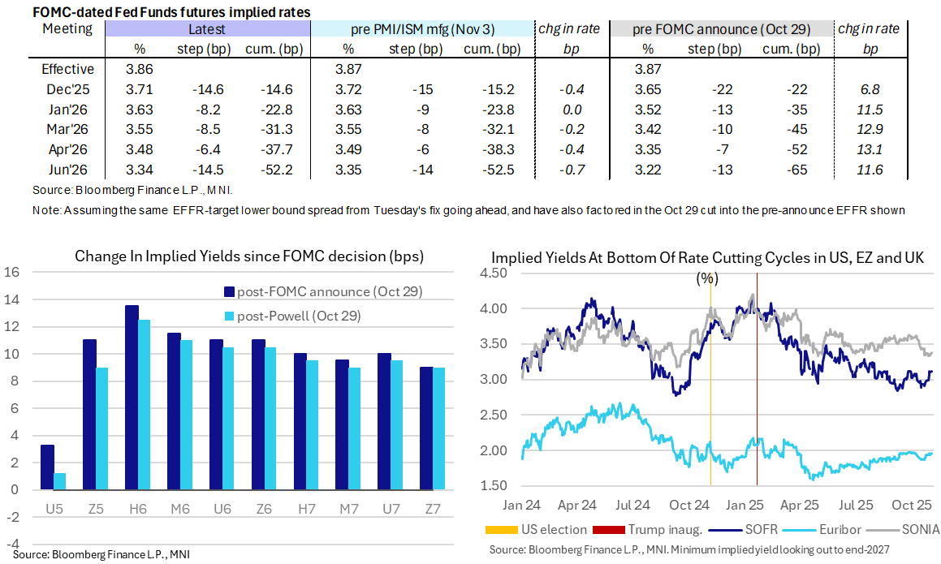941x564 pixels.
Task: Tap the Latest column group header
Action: [205, 30]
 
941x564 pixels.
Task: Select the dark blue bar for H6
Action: [132, 397]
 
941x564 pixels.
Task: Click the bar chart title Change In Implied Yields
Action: [249, 256]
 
